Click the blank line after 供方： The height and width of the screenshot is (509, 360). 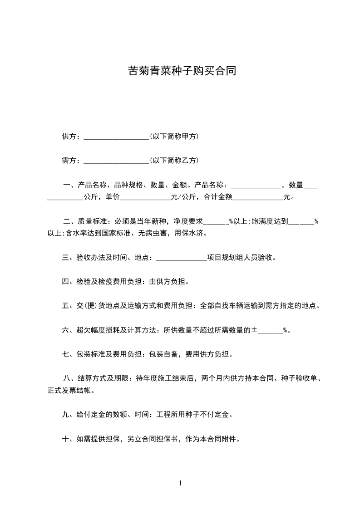point(116,137)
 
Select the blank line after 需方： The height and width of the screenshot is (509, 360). point(116,161)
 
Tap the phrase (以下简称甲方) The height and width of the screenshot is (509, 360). point(174,136)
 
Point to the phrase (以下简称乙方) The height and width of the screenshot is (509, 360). point(174,160)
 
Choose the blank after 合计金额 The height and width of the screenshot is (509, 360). point(257,197)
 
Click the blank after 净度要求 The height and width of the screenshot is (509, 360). point(217,222)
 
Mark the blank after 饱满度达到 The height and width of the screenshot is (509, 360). point(301,222)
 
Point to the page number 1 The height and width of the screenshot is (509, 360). point(180,483)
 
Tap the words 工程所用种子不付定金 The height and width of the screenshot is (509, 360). point(193,415)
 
